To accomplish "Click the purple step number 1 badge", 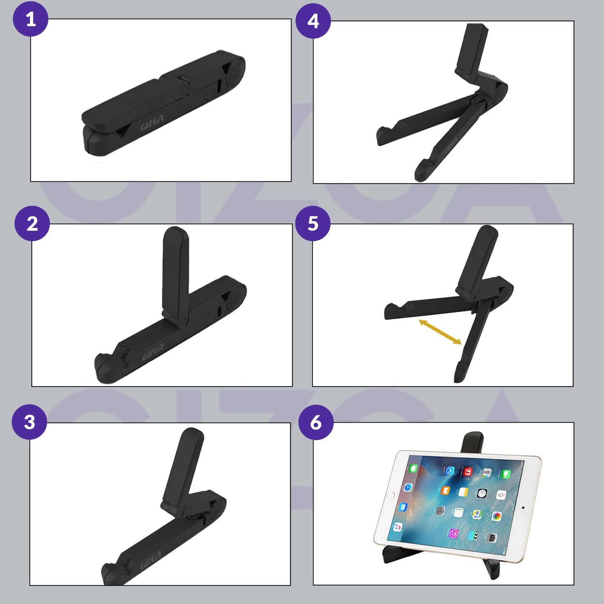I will coord(31,19).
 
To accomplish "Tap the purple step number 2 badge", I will coord(32,223).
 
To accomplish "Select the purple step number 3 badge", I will coord(29,422).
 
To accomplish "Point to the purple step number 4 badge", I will coord(313,20).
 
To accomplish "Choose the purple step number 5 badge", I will coord(313,223).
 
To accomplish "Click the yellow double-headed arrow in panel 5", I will coord(440,332).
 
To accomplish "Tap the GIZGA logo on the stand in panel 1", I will coord(152,122).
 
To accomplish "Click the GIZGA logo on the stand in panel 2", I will coord(153,352).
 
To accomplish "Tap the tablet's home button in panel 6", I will coord(391,496).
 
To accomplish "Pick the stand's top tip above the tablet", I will coord(473,441).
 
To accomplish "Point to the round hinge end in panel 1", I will coord(234,71).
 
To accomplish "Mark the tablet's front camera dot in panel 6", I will coord(523,508).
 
